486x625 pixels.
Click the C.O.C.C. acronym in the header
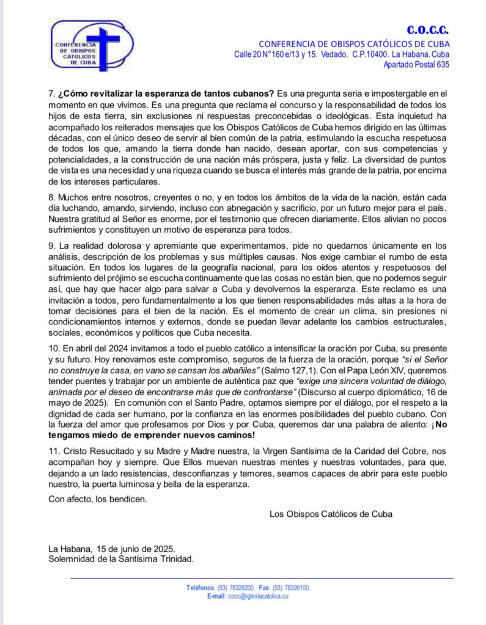tap(428, 30)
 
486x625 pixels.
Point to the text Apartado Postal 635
tap(416, 65)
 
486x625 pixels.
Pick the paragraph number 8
tap(51, 198)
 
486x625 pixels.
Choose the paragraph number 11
tap(53, 451)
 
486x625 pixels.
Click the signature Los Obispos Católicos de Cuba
tap(331, 514)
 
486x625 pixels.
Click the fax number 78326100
tap(295, 588)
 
